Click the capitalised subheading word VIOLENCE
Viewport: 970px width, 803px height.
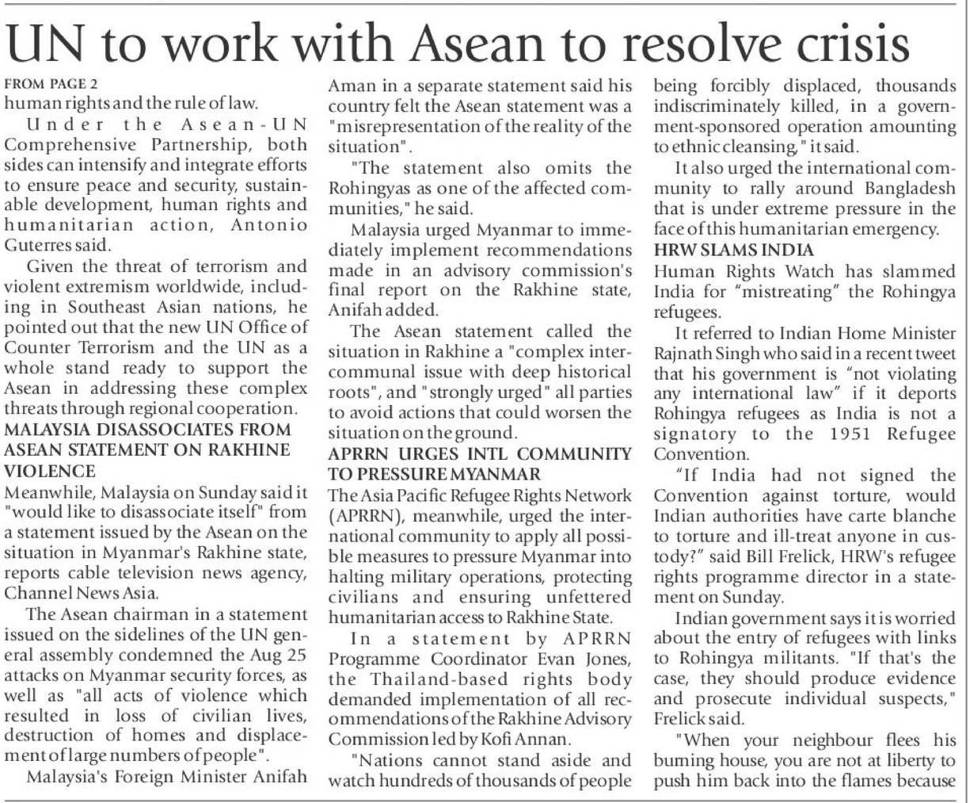click(40, 468)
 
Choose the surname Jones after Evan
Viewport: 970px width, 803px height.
click(607, 660)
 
